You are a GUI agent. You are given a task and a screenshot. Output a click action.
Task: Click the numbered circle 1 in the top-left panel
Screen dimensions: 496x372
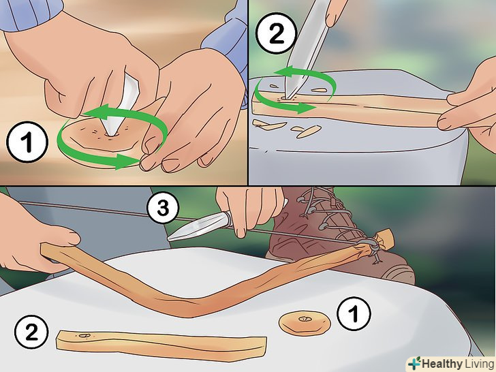(x=27, y=142)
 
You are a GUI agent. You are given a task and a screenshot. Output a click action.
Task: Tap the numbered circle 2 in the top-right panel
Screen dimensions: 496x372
(x=276, y=33)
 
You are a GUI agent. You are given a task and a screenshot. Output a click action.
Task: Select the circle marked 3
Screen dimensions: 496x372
(x=163, y=208)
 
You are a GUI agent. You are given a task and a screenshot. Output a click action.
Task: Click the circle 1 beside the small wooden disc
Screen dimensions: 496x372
(x=354, y=313)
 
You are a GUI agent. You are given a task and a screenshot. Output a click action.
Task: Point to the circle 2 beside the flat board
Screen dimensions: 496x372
(x=31, y=332)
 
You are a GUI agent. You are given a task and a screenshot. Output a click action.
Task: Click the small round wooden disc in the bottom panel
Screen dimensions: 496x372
(x=305, y=323)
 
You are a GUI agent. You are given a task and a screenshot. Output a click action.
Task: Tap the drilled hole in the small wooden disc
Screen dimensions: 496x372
(x=305, y=319)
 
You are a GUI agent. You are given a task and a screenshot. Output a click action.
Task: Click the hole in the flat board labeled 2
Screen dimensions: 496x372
(x=84, y=335)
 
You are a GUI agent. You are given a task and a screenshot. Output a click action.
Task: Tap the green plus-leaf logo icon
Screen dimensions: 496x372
(x=414, y=363)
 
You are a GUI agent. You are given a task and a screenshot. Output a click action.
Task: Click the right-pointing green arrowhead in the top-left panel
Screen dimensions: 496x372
(x=127, y=161)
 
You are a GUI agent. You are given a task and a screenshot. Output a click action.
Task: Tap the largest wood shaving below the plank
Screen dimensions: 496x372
(x=309, y=131)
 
